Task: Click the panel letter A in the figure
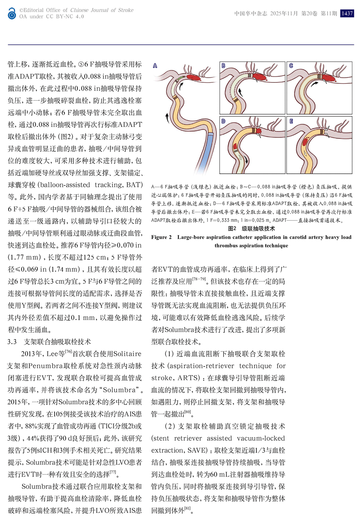coord(155,66)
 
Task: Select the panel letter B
coord(224,66)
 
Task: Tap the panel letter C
coord(291,66)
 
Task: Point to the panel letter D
coord(224,121)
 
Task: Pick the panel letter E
coord(291,121)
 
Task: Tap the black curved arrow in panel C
coord(316,83)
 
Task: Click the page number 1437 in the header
coord(347,13)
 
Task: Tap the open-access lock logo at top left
coord(12,14)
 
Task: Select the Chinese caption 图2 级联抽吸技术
coord(251,228)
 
